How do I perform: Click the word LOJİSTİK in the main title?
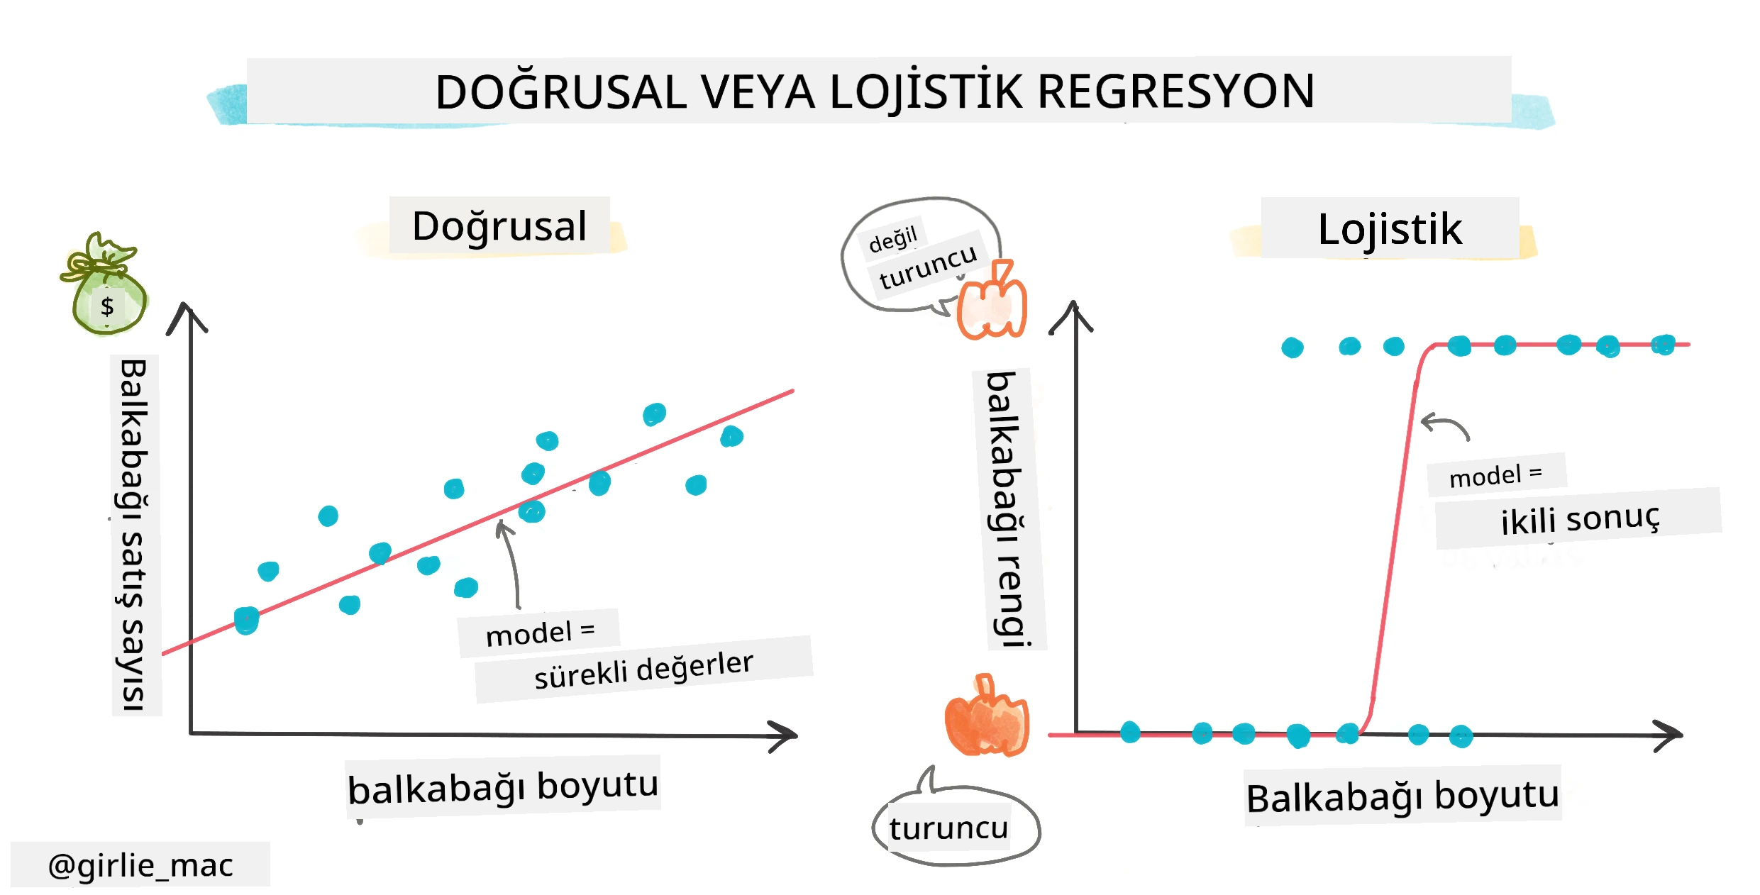[x=926, y=91]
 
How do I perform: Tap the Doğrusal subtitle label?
[x=499, y=226]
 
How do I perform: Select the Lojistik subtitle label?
[x=1390, y=229]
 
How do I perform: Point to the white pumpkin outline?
[x=992, y=301]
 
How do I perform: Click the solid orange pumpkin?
[x=986, y=716]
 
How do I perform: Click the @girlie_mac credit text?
[x=140, y=865]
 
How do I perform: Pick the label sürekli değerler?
[x=643, y=669]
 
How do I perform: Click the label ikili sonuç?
[x=1580, y=518]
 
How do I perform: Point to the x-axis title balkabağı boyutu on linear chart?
[x=503, y=787]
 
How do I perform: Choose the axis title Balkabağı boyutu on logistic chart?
[x=1402, y=796]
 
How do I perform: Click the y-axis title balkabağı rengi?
[x=1007, y=509]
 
